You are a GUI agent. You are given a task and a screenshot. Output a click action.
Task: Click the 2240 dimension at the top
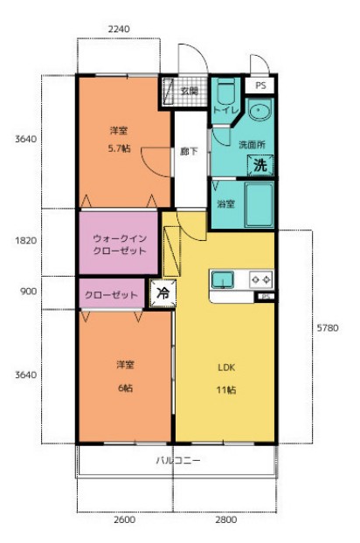[x=119, y=29]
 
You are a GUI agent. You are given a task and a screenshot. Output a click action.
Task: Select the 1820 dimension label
[x=26, y=241]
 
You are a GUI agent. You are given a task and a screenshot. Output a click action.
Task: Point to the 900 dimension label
[x=27, y=292]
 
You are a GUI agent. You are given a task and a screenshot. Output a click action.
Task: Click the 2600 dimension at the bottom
[x=124, y=520]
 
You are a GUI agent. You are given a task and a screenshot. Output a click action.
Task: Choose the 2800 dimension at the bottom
[x=225, y=520]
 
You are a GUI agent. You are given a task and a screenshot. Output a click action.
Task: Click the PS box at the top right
[x=261, y=86]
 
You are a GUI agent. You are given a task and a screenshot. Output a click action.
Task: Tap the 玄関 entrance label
[x=189, y=90]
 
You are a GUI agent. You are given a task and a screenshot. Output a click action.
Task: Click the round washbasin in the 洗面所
[x=259, y=112]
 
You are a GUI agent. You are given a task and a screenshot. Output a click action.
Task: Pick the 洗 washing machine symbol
[x=260, y=163]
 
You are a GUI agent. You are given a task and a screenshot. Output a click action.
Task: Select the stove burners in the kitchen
[x=260, y=279]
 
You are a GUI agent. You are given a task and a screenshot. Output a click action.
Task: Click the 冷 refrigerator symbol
[x=162, y=293]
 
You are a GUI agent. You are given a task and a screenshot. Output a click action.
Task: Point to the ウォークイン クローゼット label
[x=120, y=244]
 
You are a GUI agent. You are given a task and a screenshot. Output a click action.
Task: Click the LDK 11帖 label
[x=227, y=377]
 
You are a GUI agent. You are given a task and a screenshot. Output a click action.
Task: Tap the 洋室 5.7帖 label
[x=120, y=139]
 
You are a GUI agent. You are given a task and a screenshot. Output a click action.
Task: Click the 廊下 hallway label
[x=188, y=151]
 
